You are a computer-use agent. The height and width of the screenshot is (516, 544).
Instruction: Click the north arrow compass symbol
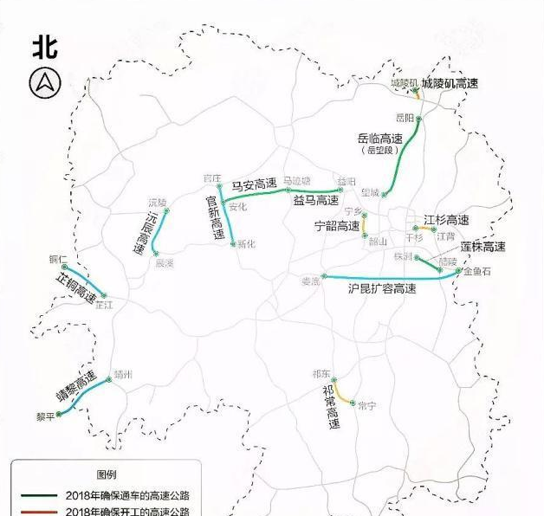coord(45,83)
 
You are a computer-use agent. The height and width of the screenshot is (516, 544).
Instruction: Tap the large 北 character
coord(45,47)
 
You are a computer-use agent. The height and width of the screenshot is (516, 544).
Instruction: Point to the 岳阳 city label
coord(405,116)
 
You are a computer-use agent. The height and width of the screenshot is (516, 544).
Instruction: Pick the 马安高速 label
coord(254,184)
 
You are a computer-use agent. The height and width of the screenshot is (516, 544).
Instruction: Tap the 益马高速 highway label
coord(315,201)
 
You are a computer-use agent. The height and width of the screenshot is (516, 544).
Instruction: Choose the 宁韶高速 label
coord(337,226)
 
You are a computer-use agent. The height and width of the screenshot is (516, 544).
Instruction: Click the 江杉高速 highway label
coord(446,220)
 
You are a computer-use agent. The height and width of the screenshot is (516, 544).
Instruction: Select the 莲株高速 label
coord(482,247)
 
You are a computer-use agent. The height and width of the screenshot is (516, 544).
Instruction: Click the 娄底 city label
coord(310,281)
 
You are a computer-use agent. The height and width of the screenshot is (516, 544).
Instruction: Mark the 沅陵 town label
coord(157,202)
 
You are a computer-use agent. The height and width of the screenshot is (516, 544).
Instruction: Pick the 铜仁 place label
coord(59,259)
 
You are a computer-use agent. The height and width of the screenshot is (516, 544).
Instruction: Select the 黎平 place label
coord(45,416)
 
